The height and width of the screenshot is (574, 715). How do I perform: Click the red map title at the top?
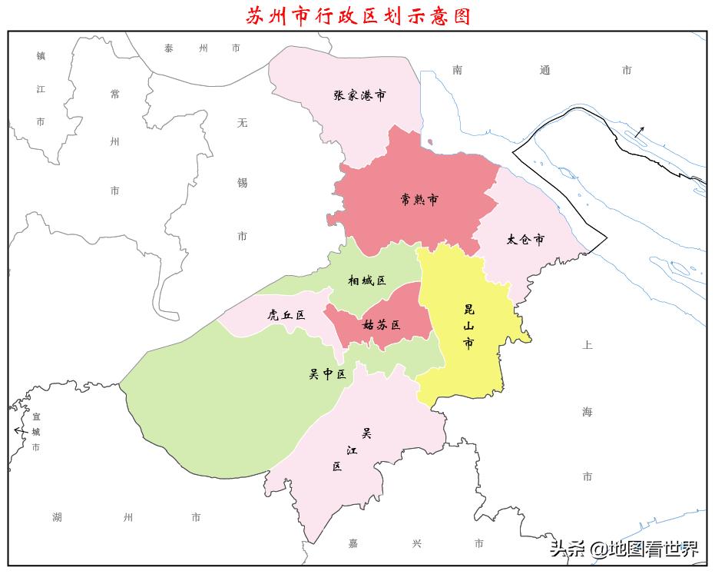(358, 15)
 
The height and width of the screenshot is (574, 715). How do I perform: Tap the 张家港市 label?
(359, 95)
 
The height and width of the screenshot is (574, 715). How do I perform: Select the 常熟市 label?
(419, 199)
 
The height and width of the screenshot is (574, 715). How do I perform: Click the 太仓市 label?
(525, 240)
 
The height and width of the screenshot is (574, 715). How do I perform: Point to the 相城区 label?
(367, 280)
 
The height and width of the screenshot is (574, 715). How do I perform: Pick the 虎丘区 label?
(286, 315)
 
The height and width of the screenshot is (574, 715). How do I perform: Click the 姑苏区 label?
(382, 325)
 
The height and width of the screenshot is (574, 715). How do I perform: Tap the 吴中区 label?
(327, 374)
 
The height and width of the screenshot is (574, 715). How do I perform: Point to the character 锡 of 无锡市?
(243, 182)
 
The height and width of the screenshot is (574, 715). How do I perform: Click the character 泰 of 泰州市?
(169, 48)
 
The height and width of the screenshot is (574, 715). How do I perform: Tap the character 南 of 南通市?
(458, 70)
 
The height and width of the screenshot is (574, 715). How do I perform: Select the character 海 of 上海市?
(588, 412)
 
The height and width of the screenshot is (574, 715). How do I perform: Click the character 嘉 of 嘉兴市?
(353, 543)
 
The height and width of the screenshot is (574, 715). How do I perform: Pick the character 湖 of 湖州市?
(58, 516)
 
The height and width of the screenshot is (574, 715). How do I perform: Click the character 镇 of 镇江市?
(41, 55)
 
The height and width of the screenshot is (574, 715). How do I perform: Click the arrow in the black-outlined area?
(639, 131)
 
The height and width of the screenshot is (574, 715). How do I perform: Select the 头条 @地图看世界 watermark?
(624, 549)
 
